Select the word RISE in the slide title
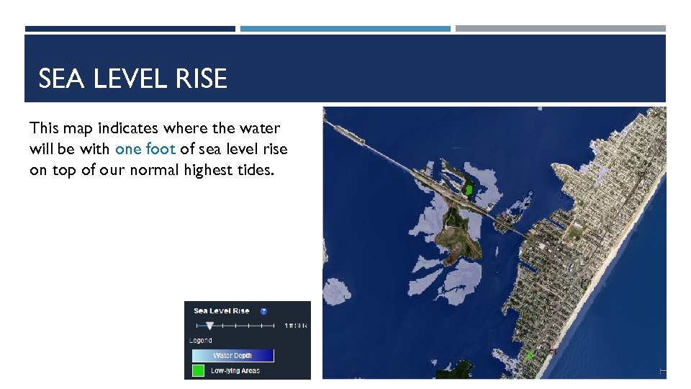click(x=206, y=79)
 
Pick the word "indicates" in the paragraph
click(x=130, y=128)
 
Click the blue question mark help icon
click(x=263, y=311)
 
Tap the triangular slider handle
click(x=209, y=326)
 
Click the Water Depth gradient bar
click(x=232, y=355)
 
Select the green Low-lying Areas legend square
click(x=198, y=371)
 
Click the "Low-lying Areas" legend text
click(x=235, y=371)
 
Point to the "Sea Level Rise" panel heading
click(x=222, y=311)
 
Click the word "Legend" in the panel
click(x=201, y=340)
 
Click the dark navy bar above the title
click(x=130, y=29)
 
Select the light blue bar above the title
click(x=345, y=29)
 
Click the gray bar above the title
click(x=560, y=29)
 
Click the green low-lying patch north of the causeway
click(x=469, y=189)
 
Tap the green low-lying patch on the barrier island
click(x=530, y=355)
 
